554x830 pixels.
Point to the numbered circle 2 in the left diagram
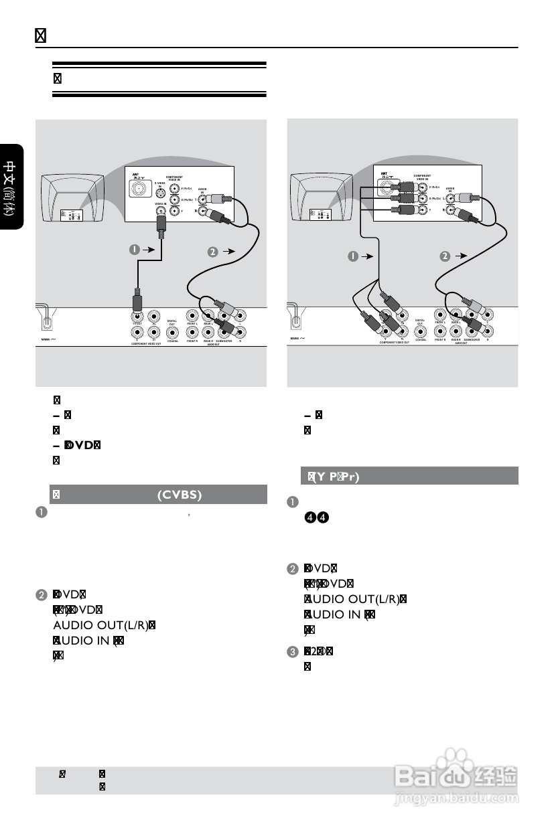[x=212, y=252]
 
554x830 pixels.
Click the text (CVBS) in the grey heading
[x=180, y=495]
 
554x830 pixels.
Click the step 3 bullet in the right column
[x=292, y=651]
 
